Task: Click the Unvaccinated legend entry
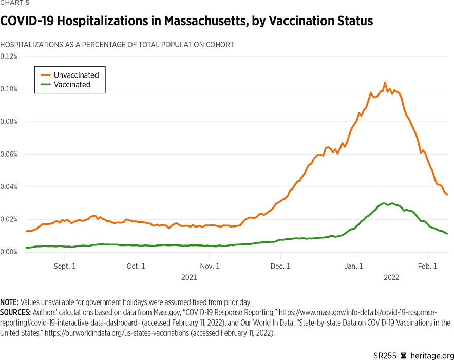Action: (76, 75)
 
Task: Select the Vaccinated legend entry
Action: (72, 85)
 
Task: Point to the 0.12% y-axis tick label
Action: (9, 56)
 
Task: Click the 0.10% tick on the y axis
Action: (9, 89)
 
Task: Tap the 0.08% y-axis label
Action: (9, 122)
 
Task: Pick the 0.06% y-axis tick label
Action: (9, 154)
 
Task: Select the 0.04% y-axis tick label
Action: (9, 186)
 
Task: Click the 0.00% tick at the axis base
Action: (9, 252)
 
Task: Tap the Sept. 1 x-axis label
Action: (65, 266)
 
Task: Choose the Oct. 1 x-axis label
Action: (136, 266)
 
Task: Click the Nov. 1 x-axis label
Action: (210, 266)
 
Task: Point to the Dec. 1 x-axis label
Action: (280, 266)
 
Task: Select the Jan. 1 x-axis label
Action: (354, 266)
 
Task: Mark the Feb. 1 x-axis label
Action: (427, 266)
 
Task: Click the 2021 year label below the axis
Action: (189, 277)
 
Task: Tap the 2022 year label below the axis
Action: (391, 277)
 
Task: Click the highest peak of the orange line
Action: (385, 83)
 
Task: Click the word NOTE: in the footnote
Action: (9, 302)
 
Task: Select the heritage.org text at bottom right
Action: (434, 342)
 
